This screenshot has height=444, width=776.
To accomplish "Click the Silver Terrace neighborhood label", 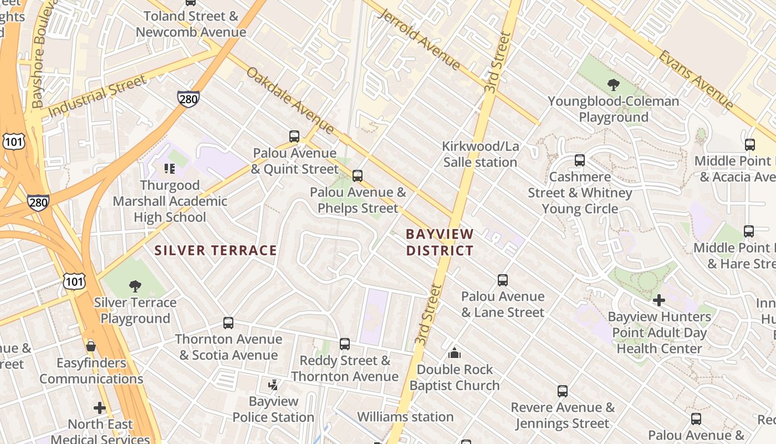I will pyautogui.click(x=216, y=250).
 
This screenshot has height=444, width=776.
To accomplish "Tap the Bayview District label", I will pyautogui.click(x=440, y=243).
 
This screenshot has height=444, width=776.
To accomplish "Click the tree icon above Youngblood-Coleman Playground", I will pyautogui.click(x=613, y=85).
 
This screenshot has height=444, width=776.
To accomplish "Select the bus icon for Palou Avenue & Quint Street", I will pyautogui.click(x=294, y=136).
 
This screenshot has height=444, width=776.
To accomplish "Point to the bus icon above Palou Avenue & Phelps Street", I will pyautogui.click(x=358, y=176).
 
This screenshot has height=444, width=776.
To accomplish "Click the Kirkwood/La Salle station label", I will pyautogui.click(x=480, y=154).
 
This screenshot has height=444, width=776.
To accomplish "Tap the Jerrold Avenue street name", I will pyautogui.click(x=419, y=39).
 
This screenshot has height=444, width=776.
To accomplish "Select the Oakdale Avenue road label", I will pyautogui.click(x=290, y=100).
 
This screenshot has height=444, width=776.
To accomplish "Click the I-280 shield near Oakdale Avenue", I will pyautogui.click(x=188, y=99).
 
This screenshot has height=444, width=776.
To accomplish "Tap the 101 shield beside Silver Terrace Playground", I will pyautogui.click(x=74, y=281).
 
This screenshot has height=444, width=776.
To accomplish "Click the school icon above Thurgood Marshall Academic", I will pyautogui.click(x=170, y=168).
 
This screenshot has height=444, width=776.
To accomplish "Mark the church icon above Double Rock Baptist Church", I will pyautogui.click(x=455, y=353).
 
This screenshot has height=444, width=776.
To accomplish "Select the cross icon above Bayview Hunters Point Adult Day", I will pyautogui.click(x=658, y=300).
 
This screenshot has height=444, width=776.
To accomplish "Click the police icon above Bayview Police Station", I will pyautogui.click(x=273, y=384).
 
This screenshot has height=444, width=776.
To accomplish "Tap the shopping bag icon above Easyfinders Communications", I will pyautogui.click(x=91, y=346).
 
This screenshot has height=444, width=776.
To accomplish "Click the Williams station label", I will pyautogui.click(x=405, y=416).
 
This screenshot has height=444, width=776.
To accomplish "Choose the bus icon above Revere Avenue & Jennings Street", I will pyautogui.click(x=563, y=391).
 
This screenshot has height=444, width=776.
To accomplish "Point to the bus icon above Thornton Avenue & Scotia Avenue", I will pyautogui.click(x=228, y=322).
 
